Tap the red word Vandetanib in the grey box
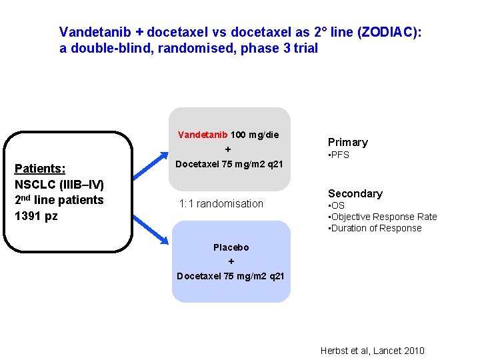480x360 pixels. (x=203, y=135)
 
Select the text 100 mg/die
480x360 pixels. (x=255, y=135)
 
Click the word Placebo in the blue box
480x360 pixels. (x=231, y=247)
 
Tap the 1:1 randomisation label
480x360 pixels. (x=221, y=204)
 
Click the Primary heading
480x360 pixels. (x=347, y=142)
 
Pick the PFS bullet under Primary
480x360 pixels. (x=340, y=155)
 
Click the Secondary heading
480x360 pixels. (x=355, y=193)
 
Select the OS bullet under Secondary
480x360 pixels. (x=337, y=206)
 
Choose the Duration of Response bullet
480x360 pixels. (x=376, y=228)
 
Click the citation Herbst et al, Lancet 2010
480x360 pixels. (x=372, y=351)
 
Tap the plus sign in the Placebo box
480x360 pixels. (x=231, y=262)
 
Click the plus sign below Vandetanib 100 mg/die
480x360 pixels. (x=228, y=149)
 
